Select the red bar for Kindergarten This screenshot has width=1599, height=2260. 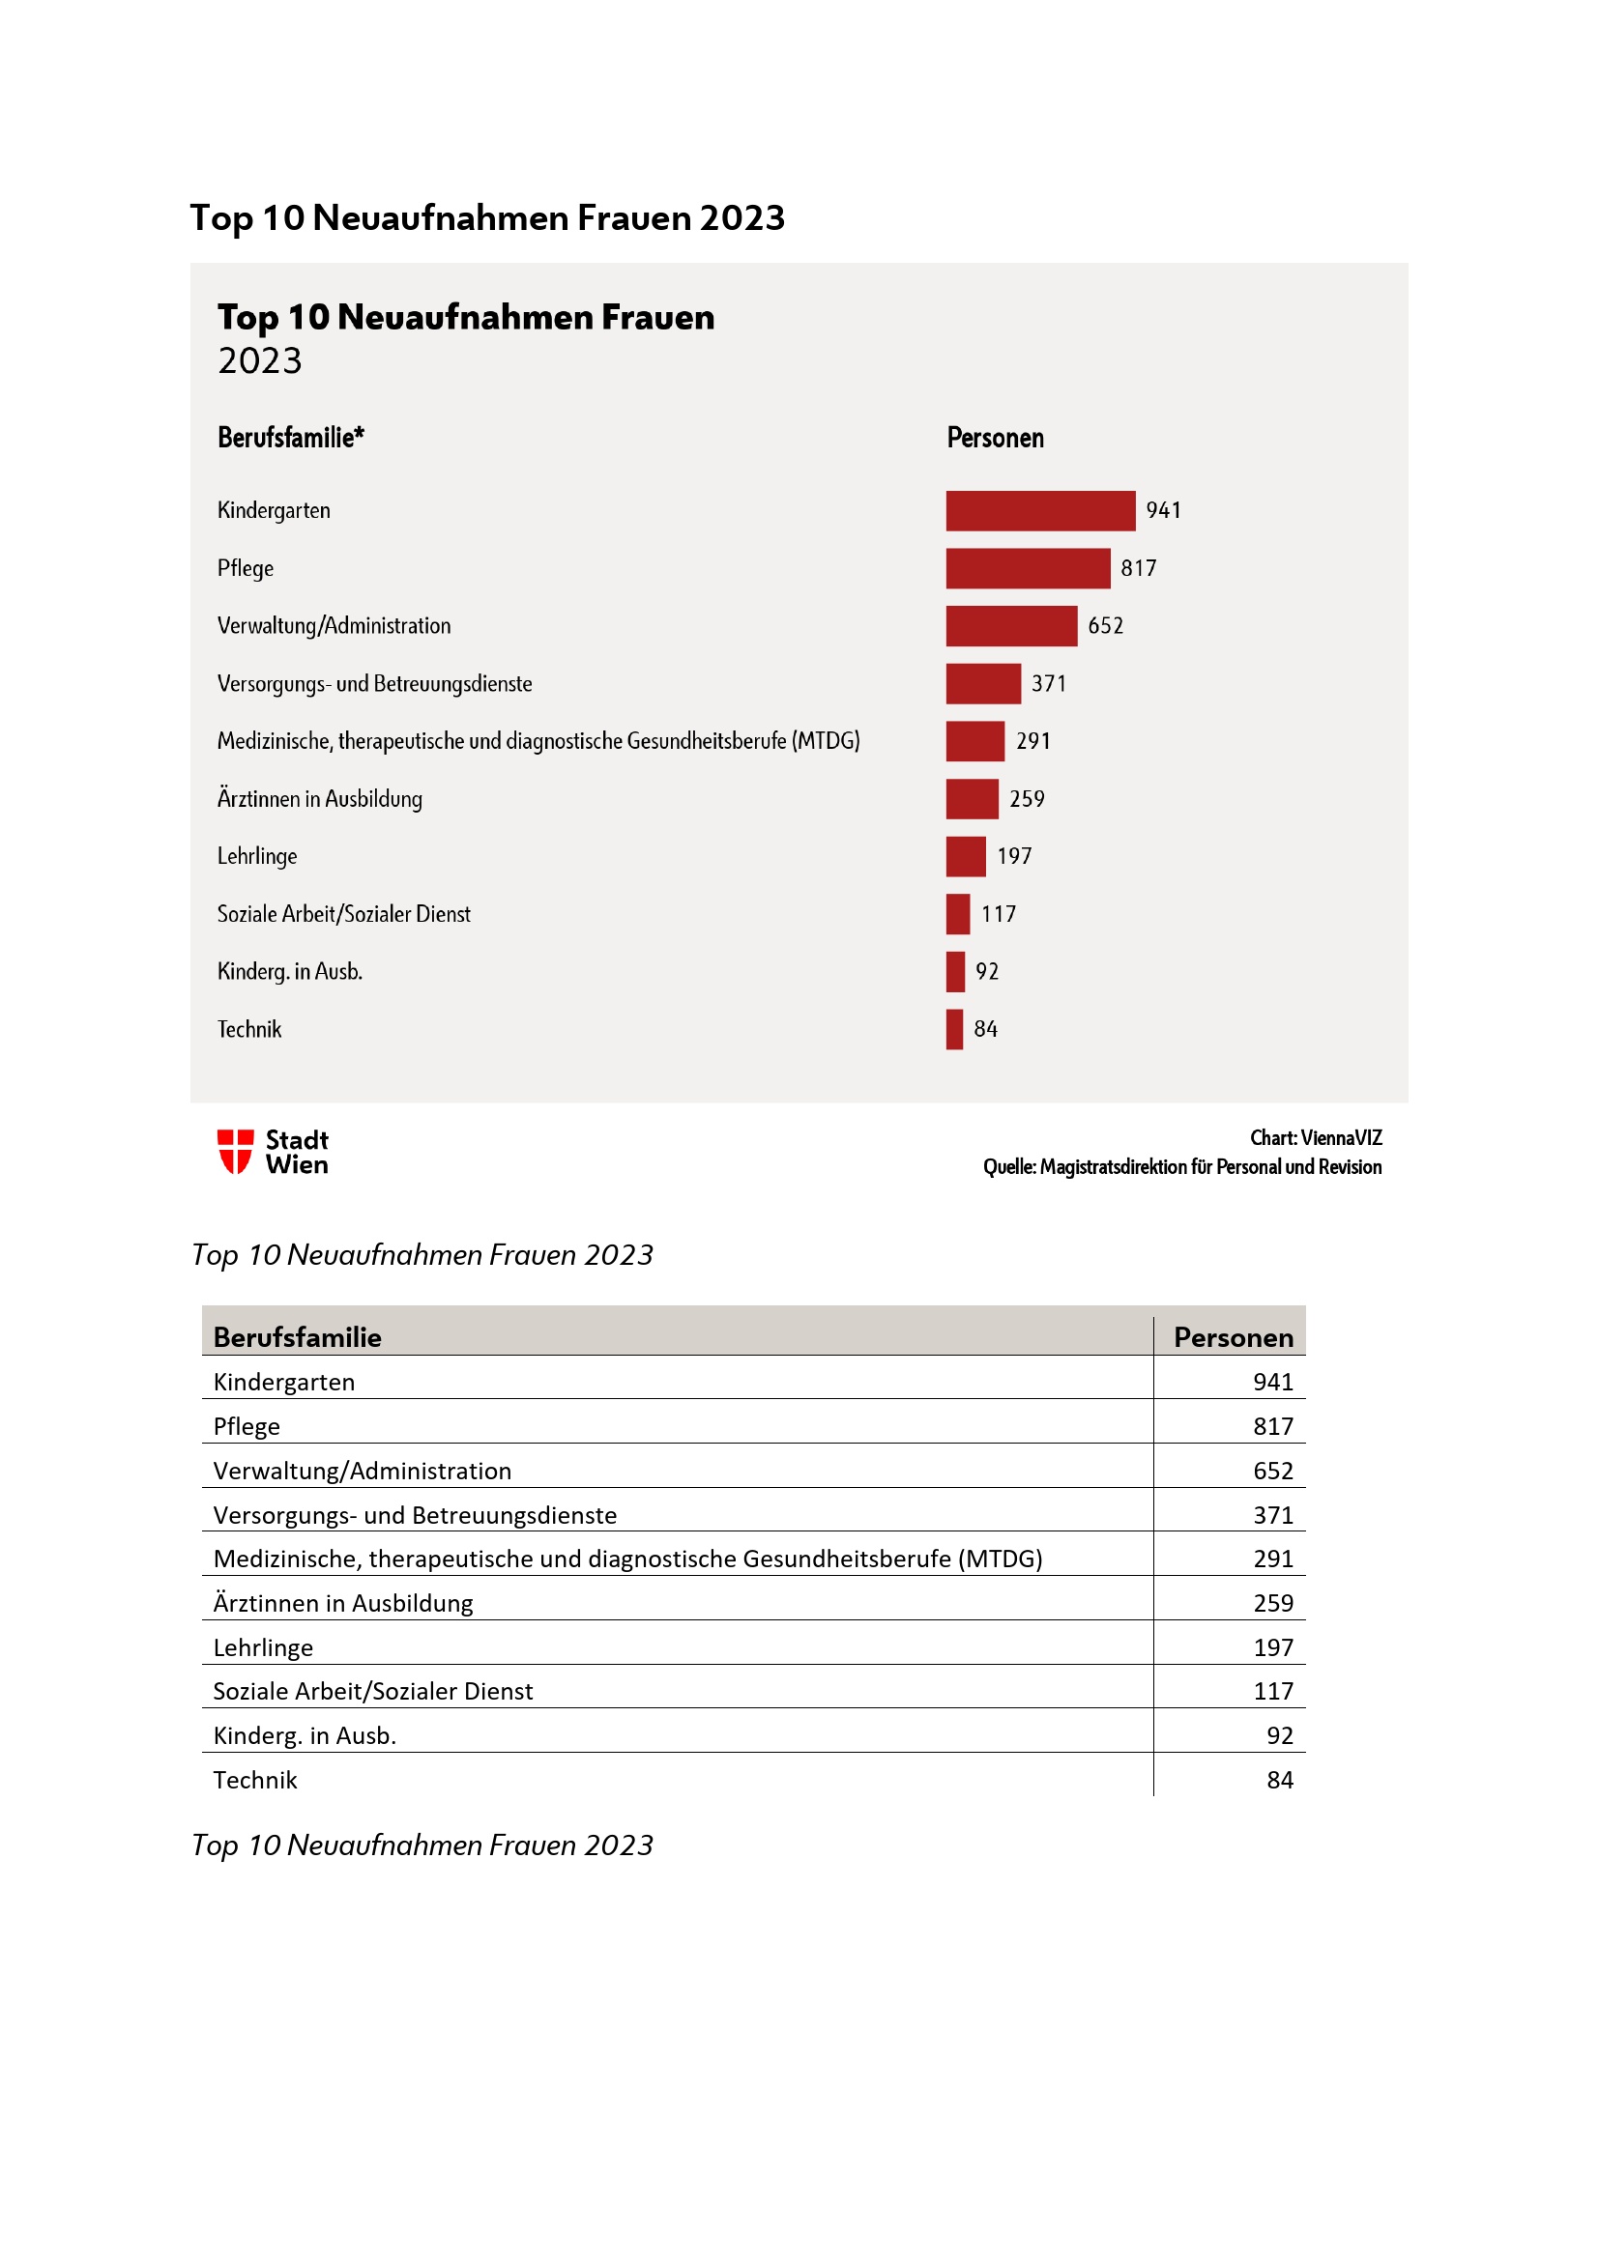[x=1040, y=511]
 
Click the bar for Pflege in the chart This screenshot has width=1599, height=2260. [x=1027, y=568]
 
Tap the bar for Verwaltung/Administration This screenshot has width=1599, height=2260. [x=1011, y=626]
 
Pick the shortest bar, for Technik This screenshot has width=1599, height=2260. [x=954, y=1029]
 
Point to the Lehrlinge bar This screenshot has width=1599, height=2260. [x=965, y=856]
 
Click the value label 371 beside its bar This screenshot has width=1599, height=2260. [x=1049, y=684]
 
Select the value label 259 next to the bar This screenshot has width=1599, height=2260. [x=1027, y=799]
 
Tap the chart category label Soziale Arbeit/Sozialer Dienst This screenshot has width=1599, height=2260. [x=343, y=914]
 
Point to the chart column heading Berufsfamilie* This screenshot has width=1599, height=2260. [x=290, y=438]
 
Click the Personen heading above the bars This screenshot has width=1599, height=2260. [x=995, y=438]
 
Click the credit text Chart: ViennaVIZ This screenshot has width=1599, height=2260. [x=1316, y=1138]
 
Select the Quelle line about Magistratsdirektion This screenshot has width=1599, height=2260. [x=1181, y=1167]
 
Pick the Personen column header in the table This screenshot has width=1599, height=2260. [x=1233, y=1336]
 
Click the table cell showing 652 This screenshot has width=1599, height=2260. [x=1272, y=1471]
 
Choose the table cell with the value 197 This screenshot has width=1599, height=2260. [x=1272, y=1647]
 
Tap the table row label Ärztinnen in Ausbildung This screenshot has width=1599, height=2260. [x=342, y=1604]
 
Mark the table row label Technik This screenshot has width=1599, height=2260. [x=255, y=1781]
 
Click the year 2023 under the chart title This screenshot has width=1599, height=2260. [x=260, y=361]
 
